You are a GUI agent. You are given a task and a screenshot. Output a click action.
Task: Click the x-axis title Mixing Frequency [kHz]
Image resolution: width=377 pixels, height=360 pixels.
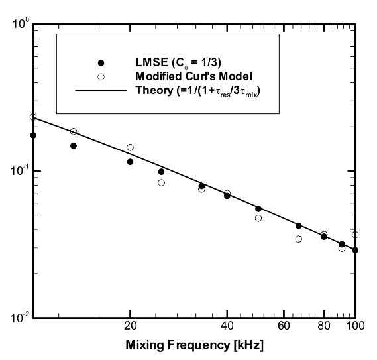(194, 347)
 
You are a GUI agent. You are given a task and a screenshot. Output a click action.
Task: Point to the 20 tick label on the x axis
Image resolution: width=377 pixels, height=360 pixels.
(131, 326)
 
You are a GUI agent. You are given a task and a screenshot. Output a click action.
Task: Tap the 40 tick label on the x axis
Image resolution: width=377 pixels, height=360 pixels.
(227, 326)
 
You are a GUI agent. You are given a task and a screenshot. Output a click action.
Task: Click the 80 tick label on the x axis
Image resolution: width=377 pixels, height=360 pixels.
(324, 326)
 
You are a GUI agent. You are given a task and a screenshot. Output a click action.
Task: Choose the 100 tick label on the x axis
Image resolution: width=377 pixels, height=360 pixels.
(354, 326)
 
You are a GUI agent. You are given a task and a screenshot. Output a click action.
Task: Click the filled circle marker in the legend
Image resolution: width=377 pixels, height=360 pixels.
(101, 63)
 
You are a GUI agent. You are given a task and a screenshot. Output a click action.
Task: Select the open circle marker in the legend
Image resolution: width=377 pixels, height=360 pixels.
(101, 77)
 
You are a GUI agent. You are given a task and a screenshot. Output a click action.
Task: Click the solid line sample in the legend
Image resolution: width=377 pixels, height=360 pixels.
(101, 90)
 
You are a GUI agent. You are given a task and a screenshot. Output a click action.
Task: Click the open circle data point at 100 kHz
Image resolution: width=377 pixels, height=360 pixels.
(355, 235)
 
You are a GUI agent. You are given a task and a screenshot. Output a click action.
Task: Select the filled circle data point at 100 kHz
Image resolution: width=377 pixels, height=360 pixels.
(355, 250)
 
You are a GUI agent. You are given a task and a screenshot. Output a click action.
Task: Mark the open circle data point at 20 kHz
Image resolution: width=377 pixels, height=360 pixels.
(131, 147)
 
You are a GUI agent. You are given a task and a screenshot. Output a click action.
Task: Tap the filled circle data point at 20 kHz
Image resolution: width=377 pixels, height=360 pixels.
(131, 162)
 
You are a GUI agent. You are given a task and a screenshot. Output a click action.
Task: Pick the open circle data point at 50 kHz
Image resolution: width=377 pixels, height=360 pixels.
(258, 218)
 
